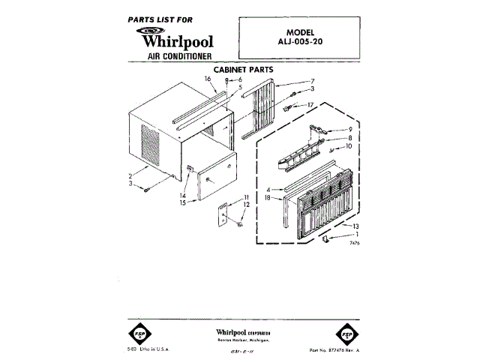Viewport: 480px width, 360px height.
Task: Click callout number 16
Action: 208,79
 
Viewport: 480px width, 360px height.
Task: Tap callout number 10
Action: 349,147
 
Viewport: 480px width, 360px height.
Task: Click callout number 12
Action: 247,205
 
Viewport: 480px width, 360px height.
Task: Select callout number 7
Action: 313,80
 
